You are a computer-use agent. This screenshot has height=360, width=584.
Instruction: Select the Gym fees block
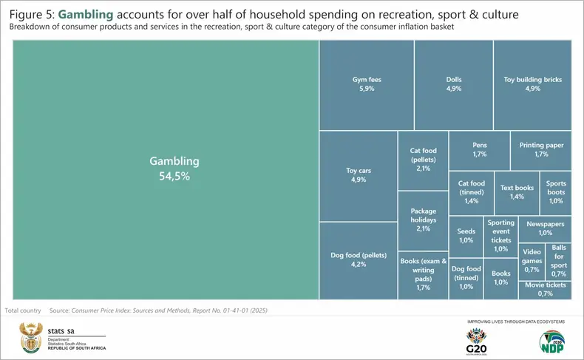366,84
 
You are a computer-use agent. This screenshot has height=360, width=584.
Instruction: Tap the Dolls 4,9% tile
453,84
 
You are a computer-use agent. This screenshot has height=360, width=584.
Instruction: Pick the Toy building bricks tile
532,84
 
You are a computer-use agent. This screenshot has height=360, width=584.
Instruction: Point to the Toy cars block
358,175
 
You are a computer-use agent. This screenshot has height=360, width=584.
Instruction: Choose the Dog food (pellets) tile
358,259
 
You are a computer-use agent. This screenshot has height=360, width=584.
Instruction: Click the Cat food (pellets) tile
423,160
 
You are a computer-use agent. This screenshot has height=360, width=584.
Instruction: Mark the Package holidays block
423,220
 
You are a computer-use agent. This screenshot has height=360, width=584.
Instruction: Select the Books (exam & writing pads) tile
423,274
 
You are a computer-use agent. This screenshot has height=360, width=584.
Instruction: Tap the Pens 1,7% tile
478,150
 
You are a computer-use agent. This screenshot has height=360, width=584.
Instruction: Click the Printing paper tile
540,150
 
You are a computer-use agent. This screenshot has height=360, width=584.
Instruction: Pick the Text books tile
517,192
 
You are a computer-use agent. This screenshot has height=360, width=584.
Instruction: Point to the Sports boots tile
556,192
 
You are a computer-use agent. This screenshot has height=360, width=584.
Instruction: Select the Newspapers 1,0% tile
545,228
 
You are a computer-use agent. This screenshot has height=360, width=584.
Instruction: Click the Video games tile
532,260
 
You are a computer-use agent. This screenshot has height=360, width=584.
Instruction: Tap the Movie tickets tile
545,289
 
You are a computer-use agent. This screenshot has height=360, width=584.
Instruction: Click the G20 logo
478,342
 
